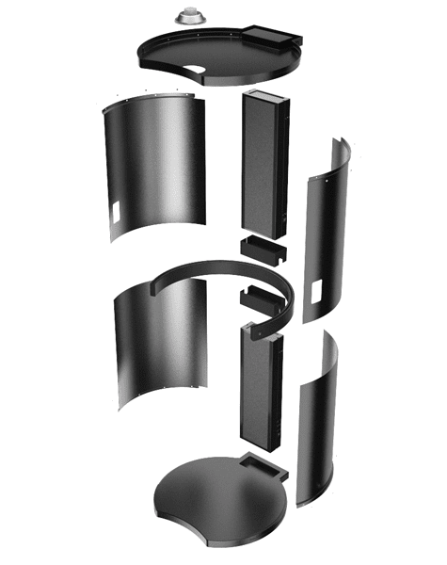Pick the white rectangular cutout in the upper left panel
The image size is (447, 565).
115,212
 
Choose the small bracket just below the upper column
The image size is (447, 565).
263,250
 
